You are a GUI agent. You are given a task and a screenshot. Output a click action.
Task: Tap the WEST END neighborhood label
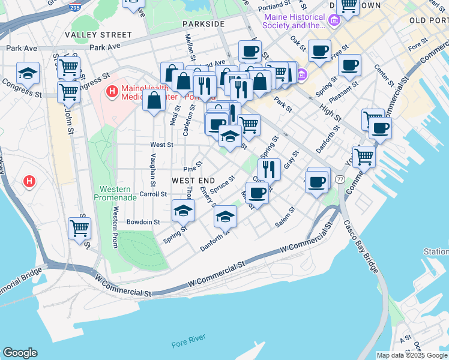tap(194, 180)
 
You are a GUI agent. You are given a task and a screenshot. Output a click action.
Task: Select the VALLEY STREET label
tap(98, 35)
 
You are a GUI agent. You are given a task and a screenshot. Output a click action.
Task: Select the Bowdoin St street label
tap(143, 221)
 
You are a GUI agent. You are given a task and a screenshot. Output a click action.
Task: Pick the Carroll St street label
tap(152, 194)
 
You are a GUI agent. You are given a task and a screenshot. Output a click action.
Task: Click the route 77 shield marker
tap(340, 179)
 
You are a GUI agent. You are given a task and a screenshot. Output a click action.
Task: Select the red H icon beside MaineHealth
tap(111, 92)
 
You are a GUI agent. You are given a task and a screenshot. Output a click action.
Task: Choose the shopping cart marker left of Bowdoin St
tap(79, 227)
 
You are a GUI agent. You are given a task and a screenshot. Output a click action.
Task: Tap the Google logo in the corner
tap(20, 353)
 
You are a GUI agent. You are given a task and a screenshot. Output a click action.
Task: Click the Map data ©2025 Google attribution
tap(412, 355)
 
